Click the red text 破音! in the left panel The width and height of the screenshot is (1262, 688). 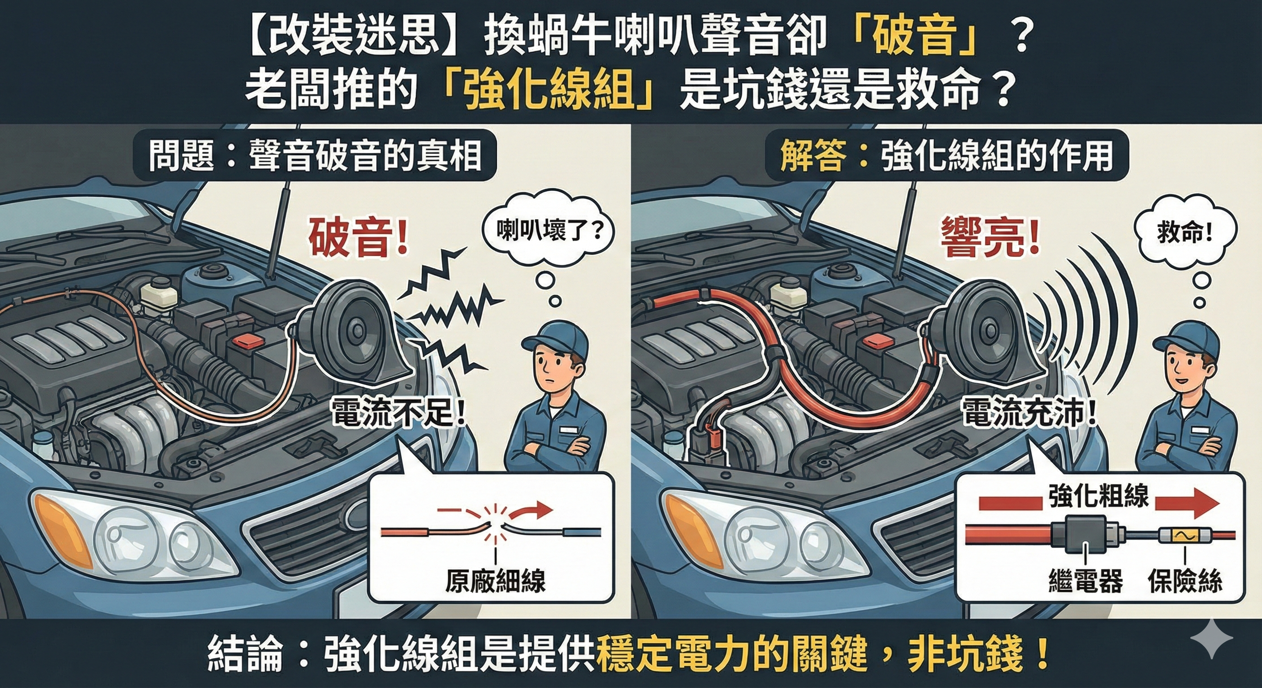[x=358, y=238]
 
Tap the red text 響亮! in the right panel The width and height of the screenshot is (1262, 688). [x=989, y=238]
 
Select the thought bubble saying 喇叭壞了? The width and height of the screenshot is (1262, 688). [x=549, y=230]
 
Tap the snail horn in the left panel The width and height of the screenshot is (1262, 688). [x=358, y=333]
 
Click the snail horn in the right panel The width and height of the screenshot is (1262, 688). [x=985, y=333]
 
